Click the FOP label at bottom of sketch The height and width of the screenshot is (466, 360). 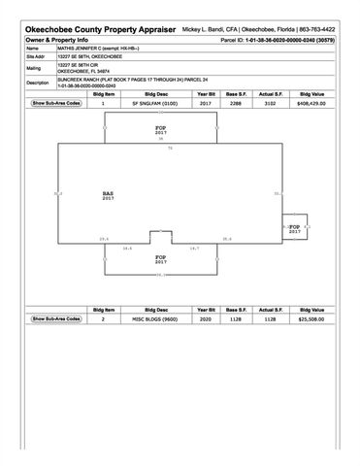pos(161,258)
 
